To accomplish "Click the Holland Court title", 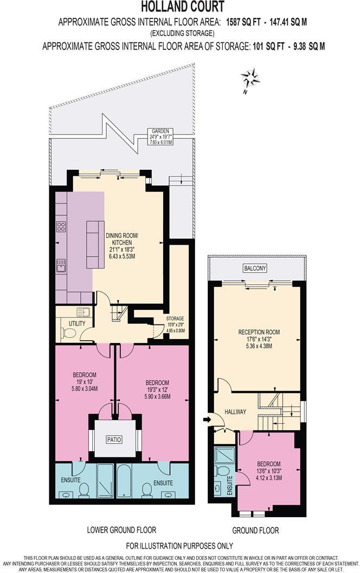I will [x=179, y=7].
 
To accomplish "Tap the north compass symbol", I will [x=251, y=79].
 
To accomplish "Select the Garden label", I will [x=161, y=131].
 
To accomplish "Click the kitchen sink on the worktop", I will [x=60, y=265].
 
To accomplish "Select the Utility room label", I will [x=70, y=323].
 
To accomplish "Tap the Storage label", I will [x=175, y=319].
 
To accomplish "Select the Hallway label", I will [x=235, y=412].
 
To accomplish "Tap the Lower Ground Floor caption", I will [x=121, y=530].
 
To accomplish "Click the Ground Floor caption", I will [x=255, y=530].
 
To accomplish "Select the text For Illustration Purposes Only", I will [x=179, y=545].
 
